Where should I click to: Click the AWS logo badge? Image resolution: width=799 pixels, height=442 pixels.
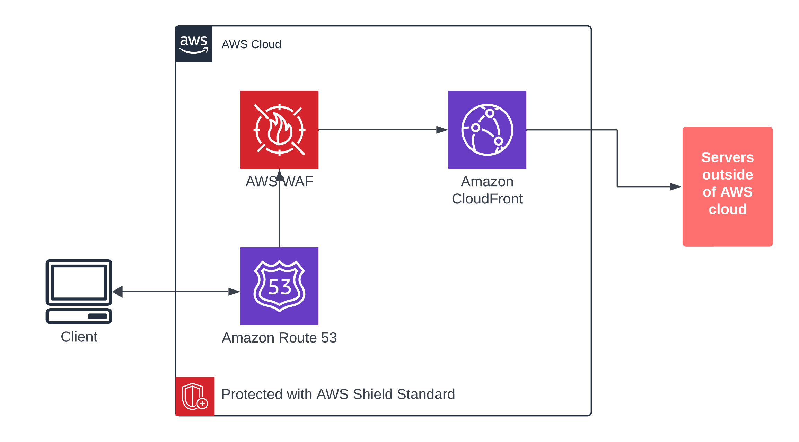(x=194, y=44)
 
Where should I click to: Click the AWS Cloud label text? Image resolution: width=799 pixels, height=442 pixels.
(x=251, y=44)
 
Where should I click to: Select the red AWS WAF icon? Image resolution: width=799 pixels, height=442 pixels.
(x=279, y=130)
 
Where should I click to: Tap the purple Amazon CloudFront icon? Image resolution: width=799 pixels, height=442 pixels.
(x=487, y=130)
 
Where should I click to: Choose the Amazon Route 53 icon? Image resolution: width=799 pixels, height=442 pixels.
(x=279, y=286)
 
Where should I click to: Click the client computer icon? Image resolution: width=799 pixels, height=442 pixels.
(x=79, y=291)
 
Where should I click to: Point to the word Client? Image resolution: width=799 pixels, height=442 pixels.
(x=79, y=337)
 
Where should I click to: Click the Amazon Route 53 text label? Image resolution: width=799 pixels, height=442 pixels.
(x=279, y=338)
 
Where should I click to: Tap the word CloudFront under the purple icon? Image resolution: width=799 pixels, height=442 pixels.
(x=487, y=199)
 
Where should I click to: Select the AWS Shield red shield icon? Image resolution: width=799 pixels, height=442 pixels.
(x=195, y=396)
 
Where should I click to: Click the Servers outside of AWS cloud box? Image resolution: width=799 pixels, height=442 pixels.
(x=727, y=187)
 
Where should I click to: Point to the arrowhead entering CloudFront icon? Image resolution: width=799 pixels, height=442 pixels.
(x=442, y=130)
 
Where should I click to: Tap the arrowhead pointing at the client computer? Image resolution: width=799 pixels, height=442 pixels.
(x=118, y=292)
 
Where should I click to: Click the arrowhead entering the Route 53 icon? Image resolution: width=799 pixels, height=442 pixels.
(x=234, y=292)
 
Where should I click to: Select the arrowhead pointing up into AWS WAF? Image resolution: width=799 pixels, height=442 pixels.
(x=279, y=175)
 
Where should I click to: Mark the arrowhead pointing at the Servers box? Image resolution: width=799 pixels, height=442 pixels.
(x=675, y=187)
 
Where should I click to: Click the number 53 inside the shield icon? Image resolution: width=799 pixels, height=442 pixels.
(x=280, y=287)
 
